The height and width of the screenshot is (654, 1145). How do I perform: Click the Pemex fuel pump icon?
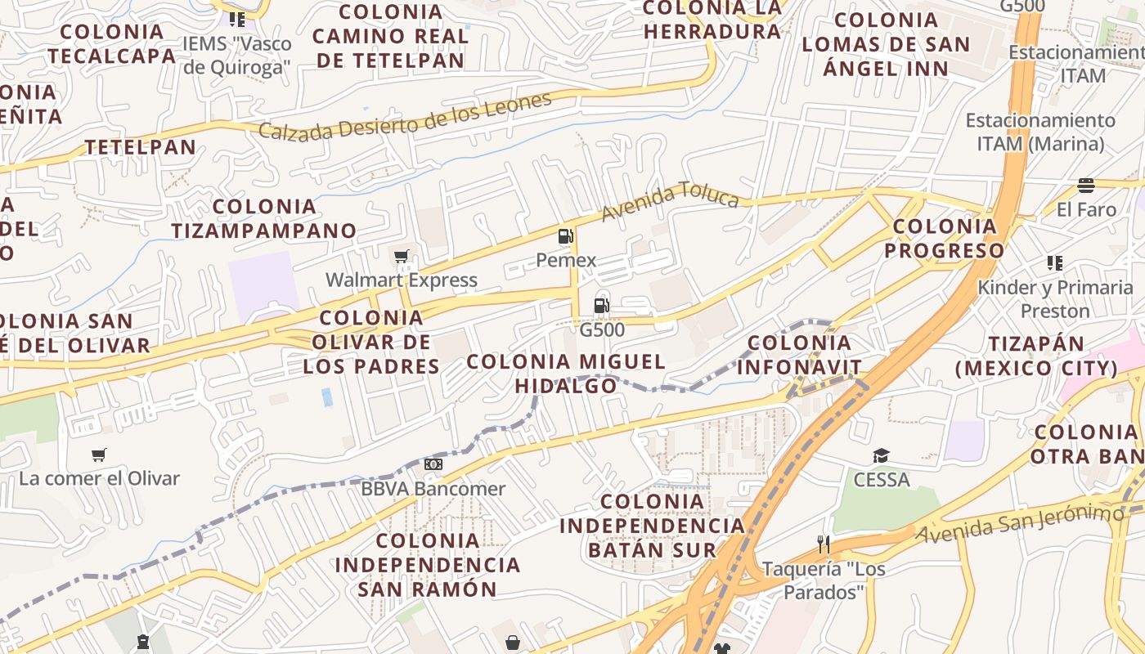565,236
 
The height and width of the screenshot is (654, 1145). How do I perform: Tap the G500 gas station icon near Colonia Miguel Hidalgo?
601,307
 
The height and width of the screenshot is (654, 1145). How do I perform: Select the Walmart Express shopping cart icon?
401,257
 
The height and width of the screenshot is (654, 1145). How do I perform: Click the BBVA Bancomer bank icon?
433,464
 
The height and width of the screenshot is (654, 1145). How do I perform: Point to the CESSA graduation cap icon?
881,455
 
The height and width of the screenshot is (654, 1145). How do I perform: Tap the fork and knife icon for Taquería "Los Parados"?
824,544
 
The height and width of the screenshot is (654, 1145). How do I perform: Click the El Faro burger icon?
1086,186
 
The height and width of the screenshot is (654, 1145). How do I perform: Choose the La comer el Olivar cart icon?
99,455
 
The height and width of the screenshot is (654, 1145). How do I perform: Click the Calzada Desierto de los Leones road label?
406,116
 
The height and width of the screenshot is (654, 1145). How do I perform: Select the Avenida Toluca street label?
670,201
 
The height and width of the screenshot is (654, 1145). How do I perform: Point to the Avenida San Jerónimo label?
1020,524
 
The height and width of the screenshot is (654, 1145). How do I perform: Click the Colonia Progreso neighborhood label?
945,238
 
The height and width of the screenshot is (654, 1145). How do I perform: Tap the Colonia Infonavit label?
800,355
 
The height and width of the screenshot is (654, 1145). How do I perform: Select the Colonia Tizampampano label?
264,218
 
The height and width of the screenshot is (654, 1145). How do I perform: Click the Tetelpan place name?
141,147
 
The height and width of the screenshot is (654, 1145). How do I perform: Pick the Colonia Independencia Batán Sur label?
652,525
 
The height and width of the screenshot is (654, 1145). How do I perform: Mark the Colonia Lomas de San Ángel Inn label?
886,43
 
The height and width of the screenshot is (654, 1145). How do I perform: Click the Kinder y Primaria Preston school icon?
1054,263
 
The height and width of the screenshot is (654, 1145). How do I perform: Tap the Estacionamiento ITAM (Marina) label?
1040,132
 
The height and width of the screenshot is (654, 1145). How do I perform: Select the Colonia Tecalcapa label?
112,43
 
